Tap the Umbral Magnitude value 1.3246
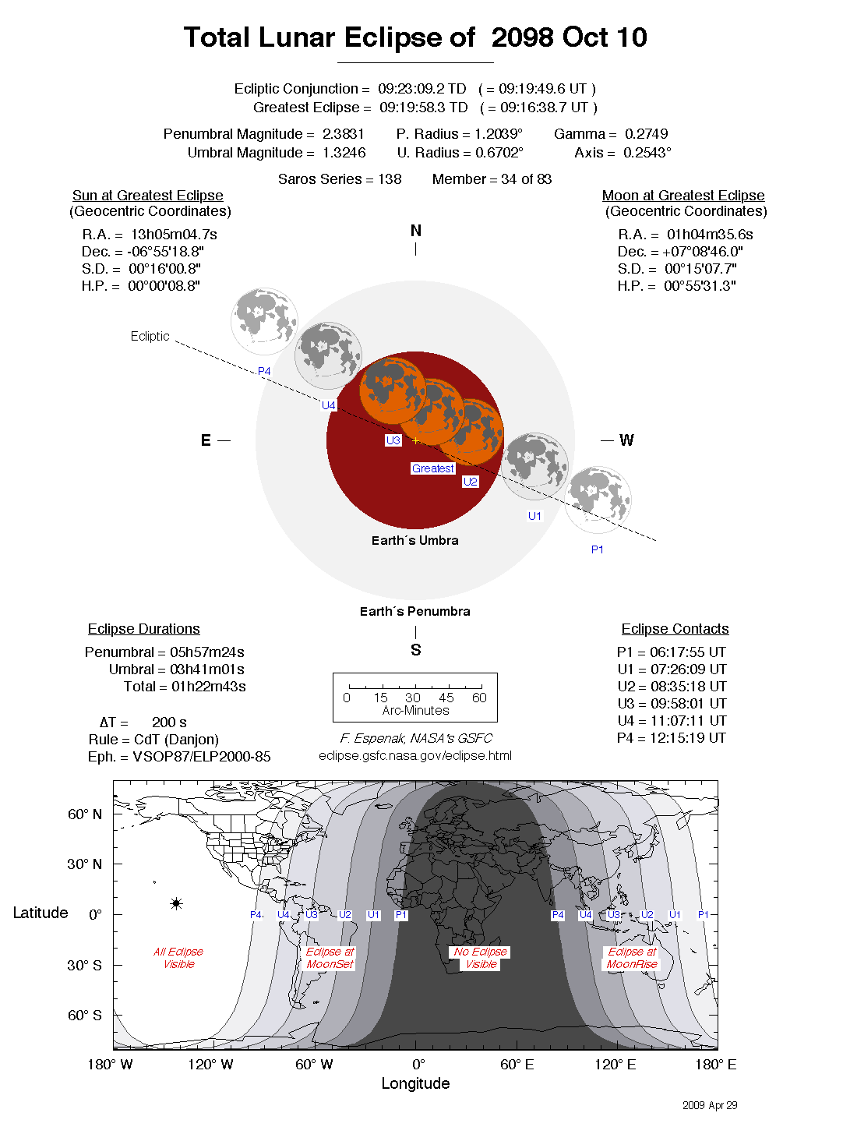[x=344, y=153]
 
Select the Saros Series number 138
[x=390, y=179]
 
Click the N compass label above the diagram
[x=415, y=231]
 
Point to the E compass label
[x=206, y=440]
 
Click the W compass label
[x=626, y=440]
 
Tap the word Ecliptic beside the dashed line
[x=150, y=336]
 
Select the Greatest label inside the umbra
[x=433, y=468]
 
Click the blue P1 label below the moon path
[x=598, y=549]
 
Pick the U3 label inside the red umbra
[x=393, y=440]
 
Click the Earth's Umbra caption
[x=414, y=540]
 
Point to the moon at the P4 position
[x=264, y=321]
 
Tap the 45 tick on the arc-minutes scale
[x=446, y=698]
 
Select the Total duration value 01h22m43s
[x=209, y=687]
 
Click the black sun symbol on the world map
[x=177, y=903]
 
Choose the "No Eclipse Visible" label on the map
[x=481, y=958]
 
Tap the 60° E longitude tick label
[x=517, y=1065]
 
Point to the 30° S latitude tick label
[x=84, y=965]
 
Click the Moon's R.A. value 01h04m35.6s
[x=710, y=235]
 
